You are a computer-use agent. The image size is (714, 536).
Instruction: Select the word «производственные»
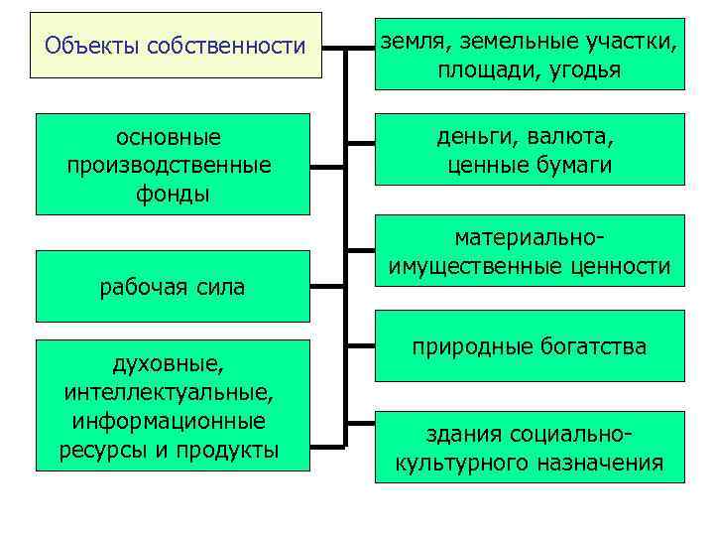coord(169,164)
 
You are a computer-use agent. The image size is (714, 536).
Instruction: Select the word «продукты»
coord(230,450)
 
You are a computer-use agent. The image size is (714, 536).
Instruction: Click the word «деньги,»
coord(469,135)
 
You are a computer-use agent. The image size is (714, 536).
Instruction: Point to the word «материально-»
coord(530,238)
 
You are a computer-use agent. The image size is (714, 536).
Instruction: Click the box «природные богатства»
coord(530,345)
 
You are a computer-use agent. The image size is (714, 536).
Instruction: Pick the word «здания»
coord(462,435)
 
